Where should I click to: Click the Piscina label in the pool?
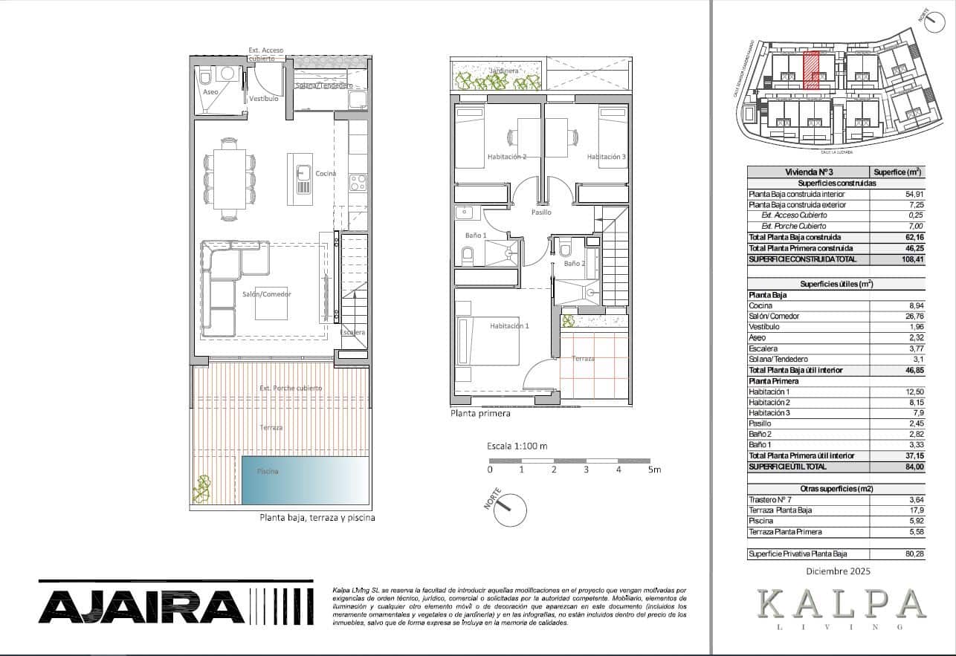click(x=268, y=472)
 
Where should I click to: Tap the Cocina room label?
click(x=326, y=174)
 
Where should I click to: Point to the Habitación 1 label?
click(x=509, y=326)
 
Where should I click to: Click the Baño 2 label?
click(x=574, y=264)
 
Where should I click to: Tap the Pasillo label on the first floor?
click(x=541, y=212)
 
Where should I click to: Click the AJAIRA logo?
click(x=141, y=606)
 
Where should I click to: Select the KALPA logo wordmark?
click(x=842, y=603)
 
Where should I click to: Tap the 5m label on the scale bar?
click(x=653, y=470)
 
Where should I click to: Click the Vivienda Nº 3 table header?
click(x=808, y=172)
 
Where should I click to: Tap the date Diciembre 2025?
click(x=838, y=571)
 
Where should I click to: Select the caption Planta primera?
click(x=480, y=414)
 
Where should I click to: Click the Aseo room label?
click(x=210, y=92)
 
